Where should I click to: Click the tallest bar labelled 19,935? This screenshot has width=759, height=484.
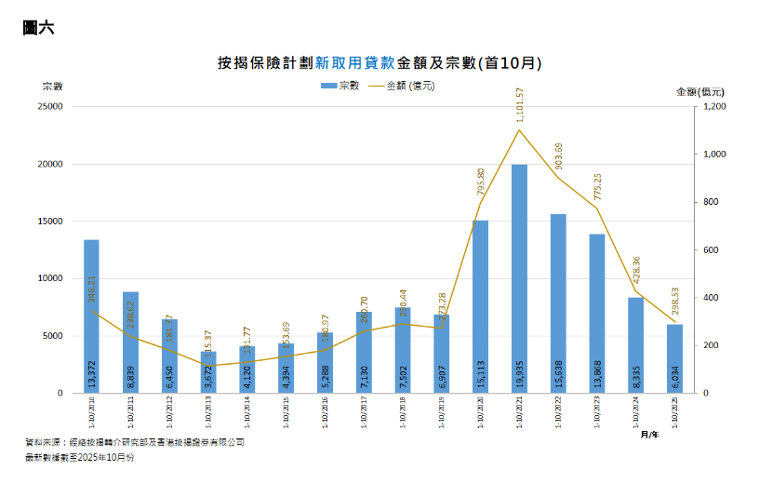[519, 279]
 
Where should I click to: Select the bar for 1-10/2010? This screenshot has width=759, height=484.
[91, 316]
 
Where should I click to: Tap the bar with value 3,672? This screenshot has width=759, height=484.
[208, 372]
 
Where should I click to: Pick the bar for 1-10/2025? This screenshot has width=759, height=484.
[674, 358]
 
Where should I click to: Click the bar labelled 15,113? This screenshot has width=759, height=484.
[480, 307]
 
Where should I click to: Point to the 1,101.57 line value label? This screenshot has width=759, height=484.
[520, 104]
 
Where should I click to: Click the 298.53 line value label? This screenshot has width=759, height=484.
[675, 300]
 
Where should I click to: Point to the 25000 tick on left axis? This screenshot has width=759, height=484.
[48, 107]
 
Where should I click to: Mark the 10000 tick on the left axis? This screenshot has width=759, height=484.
[48, 278]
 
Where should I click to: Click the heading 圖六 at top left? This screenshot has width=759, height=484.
[38, 28]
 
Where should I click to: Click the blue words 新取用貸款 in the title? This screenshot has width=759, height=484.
[355, 63]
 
